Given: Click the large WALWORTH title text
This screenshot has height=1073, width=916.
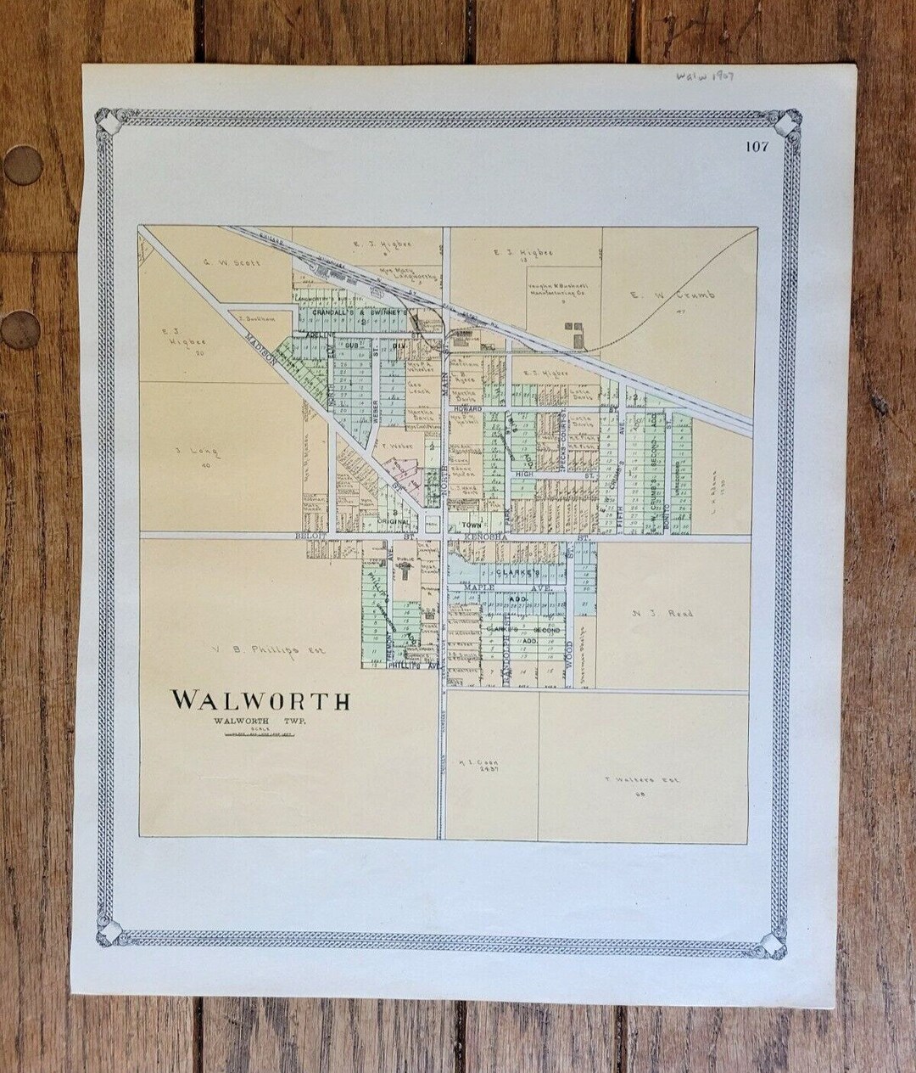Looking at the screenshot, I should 260,700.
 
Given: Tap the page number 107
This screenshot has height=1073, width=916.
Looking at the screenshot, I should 757,146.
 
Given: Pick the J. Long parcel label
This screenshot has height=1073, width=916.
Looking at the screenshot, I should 196,452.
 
